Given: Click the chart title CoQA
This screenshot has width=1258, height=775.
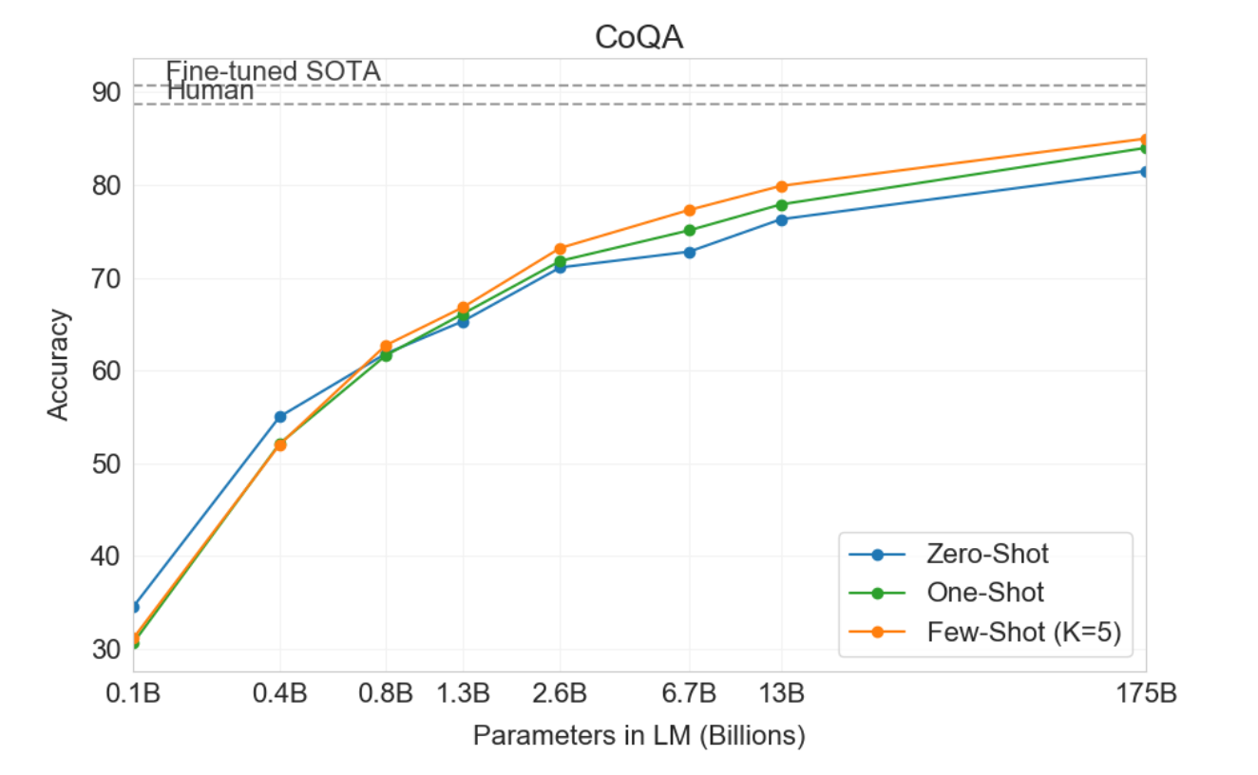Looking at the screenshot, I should (x=638, y=37).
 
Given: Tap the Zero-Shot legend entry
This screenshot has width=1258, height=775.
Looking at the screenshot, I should (x=987, y=554).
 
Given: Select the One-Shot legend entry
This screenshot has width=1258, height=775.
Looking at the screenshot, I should (x=985, y=593).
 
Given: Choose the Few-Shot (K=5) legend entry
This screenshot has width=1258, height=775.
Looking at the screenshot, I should (x=1023, y=632).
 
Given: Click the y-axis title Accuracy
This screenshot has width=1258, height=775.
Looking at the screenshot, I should (x=58, y=364).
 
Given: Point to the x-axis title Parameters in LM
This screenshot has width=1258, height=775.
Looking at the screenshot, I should (x=639, y=736).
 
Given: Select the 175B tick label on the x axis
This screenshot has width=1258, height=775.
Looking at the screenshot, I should (x=1147, y=693).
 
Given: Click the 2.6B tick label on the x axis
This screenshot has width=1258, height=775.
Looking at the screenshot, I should (x=560, y=693).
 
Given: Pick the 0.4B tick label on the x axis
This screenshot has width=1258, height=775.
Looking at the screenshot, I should (x=279, y=693).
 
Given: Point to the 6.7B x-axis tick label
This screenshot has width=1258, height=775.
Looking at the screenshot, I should (x=689, y=693).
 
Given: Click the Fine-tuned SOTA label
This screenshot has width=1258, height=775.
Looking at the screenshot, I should (x=274, y=71).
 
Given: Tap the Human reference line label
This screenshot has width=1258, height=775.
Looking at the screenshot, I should (x=210, y=91).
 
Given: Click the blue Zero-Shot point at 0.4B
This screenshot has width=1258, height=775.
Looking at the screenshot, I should (x=280, y=417).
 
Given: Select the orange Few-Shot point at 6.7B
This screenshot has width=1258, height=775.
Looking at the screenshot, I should (x=690, y=210).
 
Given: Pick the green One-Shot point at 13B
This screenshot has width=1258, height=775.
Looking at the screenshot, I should (x=782, y=205).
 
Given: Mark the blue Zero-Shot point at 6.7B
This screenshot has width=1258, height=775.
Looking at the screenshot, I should (x=690, y=252).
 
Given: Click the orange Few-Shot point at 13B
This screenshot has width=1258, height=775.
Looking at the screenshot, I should (x=782, y=186).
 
